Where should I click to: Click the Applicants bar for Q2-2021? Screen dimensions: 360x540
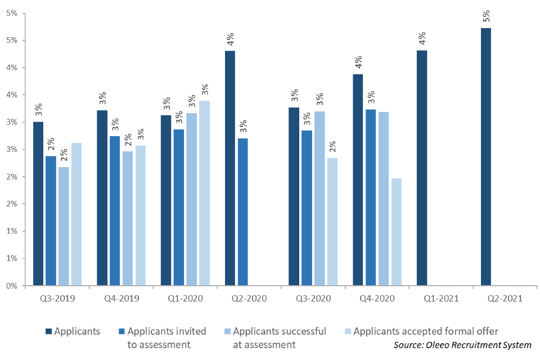tap(486, 157)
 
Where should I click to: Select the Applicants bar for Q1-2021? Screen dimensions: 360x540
tap(422, 168)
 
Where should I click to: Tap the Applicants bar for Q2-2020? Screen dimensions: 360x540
tap(230, 168)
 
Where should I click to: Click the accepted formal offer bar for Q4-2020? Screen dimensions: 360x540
tap(397, 232)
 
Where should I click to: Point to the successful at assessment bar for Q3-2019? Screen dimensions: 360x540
tap(64, 226)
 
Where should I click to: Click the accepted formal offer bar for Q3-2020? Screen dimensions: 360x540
tap(332, 222)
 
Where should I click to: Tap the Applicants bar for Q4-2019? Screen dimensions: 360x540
tap(102, 198)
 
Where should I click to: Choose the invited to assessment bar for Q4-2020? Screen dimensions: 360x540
tap(371, 197)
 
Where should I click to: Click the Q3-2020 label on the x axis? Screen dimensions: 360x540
tap(313, 299)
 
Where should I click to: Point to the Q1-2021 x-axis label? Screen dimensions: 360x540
tap(441, 299)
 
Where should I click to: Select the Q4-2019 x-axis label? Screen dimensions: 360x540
tap(121, 299)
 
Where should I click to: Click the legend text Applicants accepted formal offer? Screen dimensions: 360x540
tap(426, 331)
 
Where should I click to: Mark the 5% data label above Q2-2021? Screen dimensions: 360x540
tap(486, 16)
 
